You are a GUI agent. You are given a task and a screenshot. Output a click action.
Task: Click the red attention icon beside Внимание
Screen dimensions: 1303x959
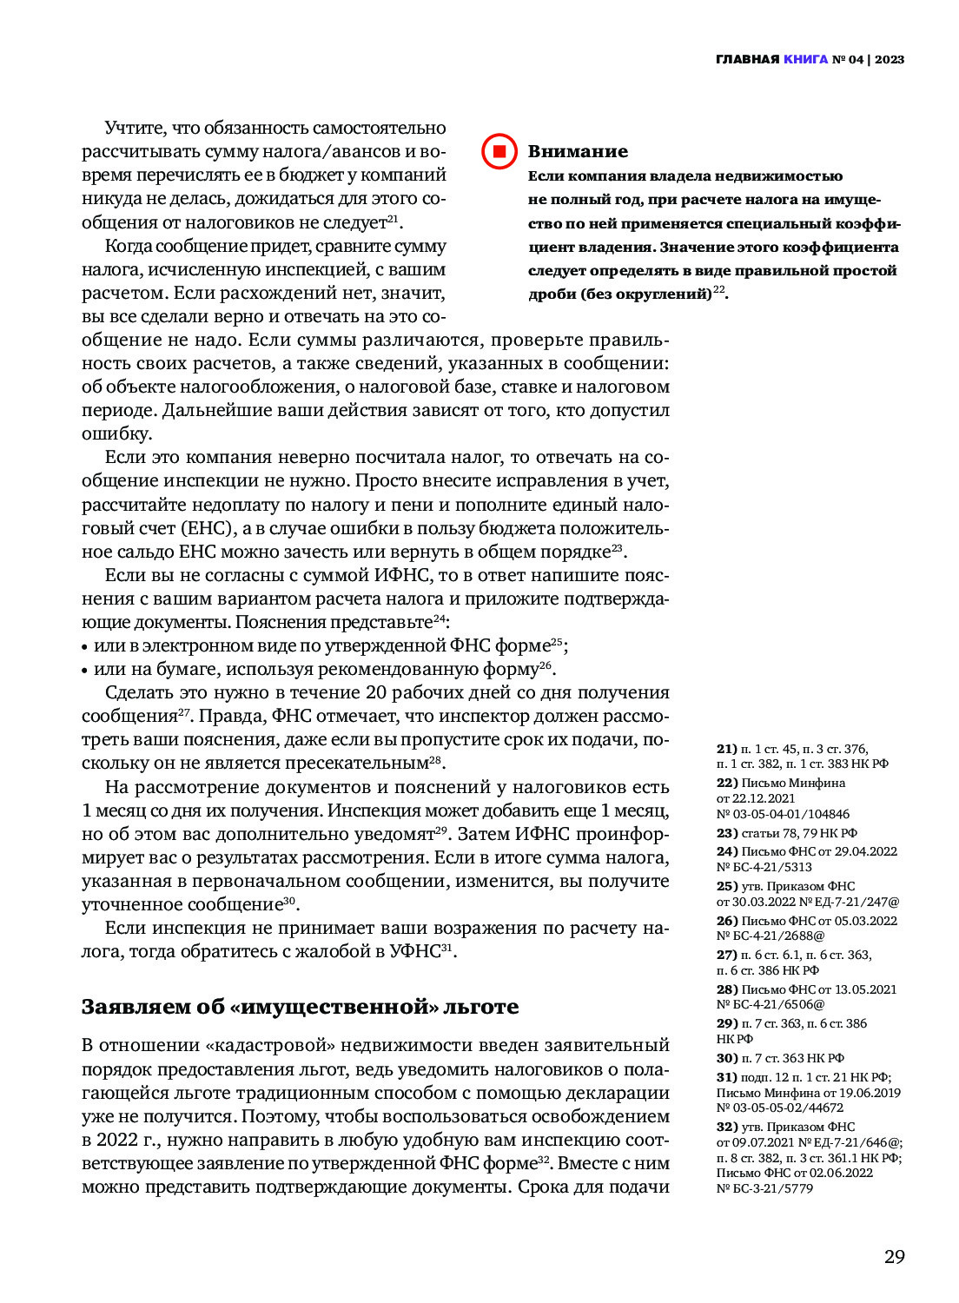(499, 151)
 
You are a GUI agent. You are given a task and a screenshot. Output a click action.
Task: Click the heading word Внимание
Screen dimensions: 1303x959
(578, 151)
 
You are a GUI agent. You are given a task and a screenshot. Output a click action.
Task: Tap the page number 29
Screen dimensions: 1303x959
(894, 1256)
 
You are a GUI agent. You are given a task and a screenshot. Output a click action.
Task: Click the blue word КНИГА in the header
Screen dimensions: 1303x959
(805, 60)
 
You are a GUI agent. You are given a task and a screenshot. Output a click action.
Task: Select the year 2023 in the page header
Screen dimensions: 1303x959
(890, 60)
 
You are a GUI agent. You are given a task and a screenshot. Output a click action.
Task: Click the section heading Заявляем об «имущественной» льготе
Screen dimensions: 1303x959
(300, 1007)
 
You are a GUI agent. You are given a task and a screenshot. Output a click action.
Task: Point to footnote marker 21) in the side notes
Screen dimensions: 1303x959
(726, 749)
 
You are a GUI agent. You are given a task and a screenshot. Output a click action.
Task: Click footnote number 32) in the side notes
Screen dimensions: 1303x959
(726, 1127)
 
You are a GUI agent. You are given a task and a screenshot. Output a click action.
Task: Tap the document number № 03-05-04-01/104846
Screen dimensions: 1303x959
(783, 814)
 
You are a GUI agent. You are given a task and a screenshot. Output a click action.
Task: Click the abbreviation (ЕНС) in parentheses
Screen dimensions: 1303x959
(206, 528)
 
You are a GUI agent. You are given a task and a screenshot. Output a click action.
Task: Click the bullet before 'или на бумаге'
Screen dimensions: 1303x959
(85, 671)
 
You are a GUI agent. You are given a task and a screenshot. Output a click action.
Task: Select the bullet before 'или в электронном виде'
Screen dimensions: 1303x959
(85, 647)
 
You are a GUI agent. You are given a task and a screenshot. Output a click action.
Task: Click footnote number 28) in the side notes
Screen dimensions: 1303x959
(726, 989)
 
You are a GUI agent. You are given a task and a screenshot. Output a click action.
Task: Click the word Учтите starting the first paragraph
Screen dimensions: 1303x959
(135, 129)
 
